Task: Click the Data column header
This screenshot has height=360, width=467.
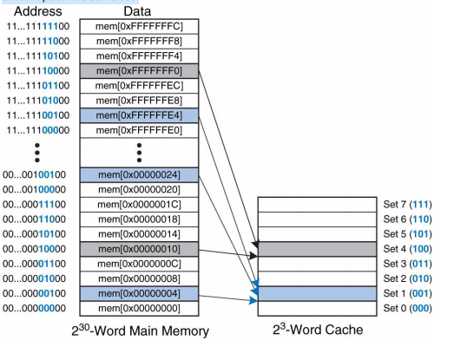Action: click(x=138, y=11)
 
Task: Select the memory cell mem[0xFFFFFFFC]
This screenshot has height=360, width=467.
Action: click(x=139, y=26)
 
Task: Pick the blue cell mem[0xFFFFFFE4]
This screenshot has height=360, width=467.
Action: click(x=139, y=115)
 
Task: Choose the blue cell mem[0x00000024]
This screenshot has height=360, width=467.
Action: click(x=139, y=174)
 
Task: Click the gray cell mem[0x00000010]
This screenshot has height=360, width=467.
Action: click(x=139, y=248)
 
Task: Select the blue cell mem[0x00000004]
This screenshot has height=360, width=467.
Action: click(x=139, y=292)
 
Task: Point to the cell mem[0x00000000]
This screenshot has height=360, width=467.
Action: click(x=139, y=307)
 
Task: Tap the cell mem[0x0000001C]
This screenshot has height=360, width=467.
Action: click(x=139, y=204)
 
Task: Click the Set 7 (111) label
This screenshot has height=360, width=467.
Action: click(x=407, y=204)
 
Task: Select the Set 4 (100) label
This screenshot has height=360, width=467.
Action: click(x=407, y=248)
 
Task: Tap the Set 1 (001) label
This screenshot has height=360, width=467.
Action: click(x=407, y=292)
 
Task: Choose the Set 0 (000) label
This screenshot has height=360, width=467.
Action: click(x=407, y=307)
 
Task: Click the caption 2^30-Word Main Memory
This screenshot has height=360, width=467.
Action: click(x=139, y=331)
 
